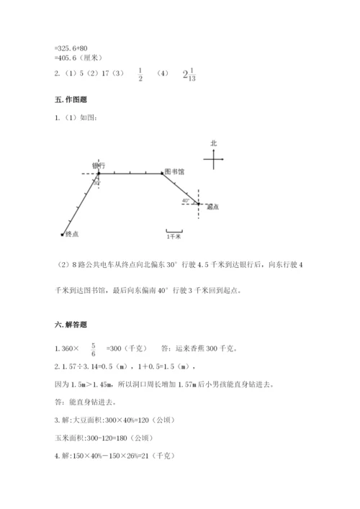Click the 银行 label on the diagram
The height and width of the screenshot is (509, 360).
(99, 166)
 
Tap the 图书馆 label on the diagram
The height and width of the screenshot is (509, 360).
(174, 172)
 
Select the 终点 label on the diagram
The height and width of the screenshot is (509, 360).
(72, 234)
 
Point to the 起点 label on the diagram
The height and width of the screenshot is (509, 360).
(212, 207)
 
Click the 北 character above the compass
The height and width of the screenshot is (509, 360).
(213, 143)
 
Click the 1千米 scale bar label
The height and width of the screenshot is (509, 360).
(174, 235)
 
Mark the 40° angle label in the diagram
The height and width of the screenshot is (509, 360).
(186, 201)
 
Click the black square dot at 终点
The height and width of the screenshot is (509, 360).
(63, 234)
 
